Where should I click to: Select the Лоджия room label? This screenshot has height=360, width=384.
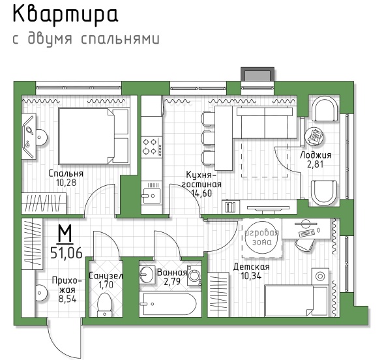point(316,155)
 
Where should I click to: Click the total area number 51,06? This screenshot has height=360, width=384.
point(66,253)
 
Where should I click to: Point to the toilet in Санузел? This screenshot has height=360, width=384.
point(104,305)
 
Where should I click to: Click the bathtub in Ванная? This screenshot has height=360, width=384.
point(170,304)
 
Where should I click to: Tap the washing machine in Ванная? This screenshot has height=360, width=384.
point(194,275)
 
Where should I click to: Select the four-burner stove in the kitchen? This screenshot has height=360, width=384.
point(152,147)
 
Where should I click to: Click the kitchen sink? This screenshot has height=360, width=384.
point(152,196)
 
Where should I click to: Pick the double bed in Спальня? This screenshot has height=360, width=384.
point(94,136)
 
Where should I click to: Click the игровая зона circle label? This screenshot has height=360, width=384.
point(262,237)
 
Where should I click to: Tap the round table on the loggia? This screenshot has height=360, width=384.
point(314,137)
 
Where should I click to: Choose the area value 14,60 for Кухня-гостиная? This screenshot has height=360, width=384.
point(201,194)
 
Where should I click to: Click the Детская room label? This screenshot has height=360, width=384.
point(251,267)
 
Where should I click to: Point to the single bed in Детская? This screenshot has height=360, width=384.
point(296,301)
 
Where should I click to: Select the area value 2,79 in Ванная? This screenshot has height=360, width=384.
point(172,281)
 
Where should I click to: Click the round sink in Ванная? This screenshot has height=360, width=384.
point(147,274)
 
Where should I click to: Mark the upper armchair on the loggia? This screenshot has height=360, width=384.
point(325,109)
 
